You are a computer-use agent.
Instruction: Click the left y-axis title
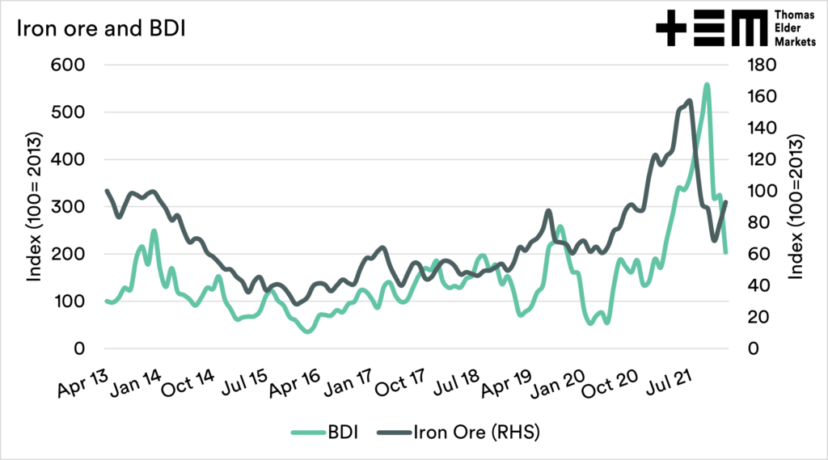[35, 206]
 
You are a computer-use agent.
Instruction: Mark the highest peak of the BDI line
[707, 84]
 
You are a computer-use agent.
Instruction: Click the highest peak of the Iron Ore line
[689, 101]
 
